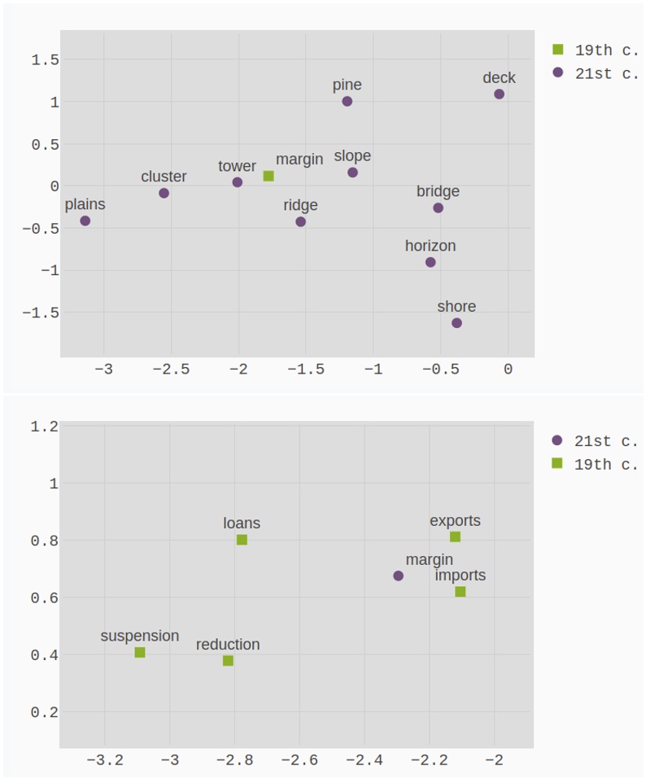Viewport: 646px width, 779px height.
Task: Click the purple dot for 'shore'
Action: click(x=456, y=323)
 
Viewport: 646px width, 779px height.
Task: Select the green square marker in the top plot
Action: click(x=268, y=176)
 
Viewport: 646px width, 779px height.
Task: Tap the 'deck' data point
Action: click(x=499, y=94)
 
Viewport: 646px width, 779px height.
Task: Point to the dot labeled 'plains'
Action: click(x=85, y=221)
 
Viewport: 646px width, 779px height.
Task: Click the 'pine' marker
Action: click(x=347, y=102)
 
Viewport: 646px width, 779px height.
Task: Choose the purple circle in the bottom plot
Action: click(x=398, y=576)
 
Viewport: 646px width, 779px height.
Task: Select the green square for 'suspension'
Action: click(x=140, y=653)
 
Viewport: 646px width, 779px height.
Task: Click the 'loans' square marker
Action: click(x=242, y=540)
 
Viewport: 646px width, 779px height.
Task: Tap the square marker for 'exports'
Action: click(x=455, y=536)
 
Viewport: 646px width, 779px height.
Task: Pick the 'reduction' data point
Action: click(x=228, y=661)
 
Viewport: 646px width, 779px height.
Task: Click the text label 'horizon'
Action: click(x=430, y=246)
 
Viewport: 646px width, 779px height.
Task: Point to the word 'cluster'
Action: click(x=164, y=177)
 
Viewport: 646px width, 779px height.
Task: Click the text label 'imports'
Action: click(x=460, y=575)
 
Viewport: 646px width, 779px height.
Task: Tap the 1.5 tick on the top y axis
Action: click(x=45, y=59)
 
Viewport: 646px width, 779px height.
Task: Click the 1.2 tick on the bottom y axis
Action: click(x=45, y=427)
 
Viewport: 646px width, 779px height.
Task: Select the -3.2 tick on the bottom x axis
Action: click(x=104, y=760)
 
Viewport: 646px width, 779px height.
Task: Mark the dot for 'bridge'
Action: click(x=438, y=208)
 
